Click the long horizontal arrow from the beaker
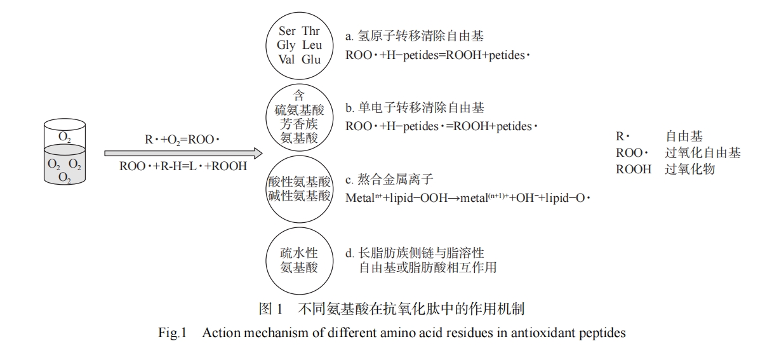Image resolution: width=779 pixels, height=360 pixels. (183, 153)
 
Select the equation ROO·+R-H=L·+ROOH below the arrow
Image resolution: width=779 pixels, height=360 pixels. (183, 168)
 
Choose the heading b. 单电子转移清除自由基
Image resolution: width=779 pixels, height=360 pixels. (415, 108)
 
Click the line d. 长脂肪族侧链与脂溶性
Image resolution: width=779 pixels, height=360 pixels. (420, 253)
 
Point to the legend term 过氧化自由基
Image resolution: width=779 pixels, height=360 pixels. (703, 153)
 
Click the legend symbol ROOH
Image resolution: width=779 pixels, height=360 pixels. (633, 170)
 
